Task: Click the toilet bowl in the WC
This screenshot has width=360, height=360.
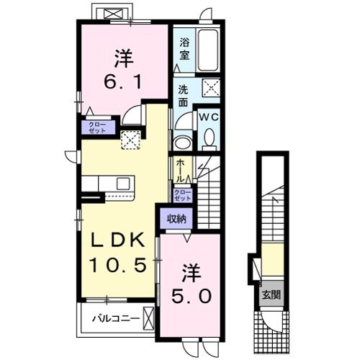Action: (209, 138)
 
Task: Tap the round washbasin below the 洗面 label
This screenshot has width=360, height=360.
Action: (182, 141)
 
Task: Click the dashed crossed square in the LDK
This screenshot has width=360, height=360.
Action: (130, 140)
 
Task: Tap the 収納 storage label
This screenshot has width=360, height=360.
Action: (176, 218)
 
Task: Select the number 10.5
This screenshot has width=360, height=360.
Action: (118, 265)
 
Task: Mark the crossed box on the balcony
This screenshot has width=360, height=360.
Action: (148, 316)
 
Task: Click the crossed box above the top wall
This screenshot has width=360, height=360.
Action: (112, 14)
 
